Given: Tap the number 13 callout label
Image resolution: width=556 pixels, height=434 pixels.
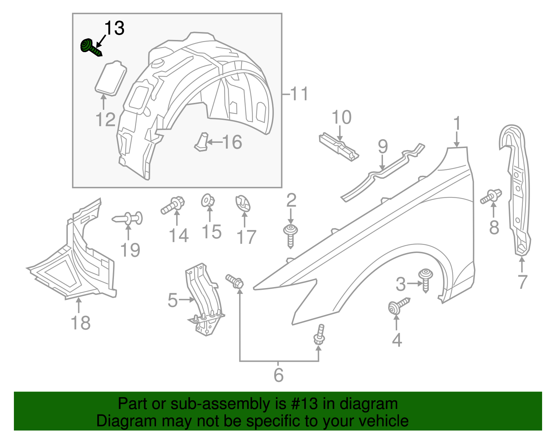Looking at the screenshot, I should pos(114,28).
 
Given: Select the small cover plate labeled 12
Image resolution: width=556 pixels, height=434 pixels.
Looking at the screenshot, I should pos(111,78).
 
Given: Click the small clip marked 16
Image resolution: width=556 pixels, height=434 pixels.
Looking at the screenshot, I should pos(202,142).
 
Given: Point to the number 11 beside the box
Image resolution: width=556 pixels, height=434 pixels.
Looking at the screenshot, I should pos(299,94).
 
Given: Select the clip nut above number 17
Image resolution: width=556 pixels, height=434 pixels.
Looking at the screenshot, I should pos(244,204).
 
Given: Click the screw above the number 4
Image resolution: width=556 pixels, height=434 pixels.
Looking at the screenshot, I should pos(398,305).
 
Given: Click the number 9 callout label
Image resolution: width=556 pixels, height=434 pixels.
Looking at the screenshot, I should pos(383,147).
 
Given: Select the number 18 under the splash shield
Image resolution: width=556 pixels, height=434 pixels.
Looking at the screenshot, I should pos(81,323).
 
